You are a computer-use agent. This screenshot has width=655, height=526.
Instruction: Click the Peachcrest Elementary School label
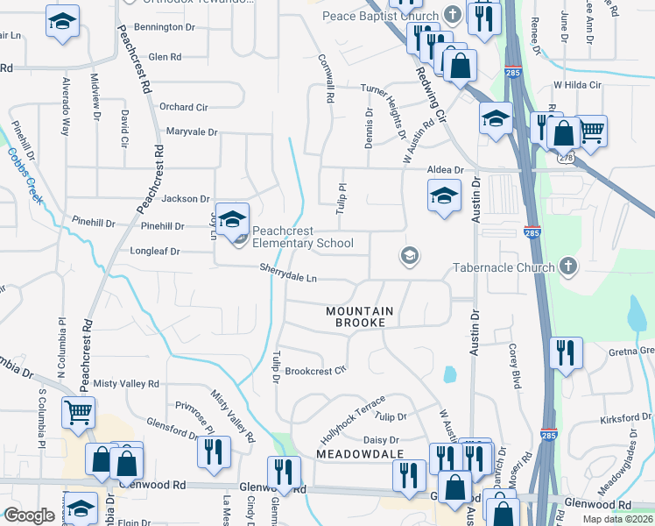coord(303,238)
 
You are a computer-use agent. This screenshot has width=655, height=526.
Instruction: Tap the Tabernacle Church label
coord(504,267)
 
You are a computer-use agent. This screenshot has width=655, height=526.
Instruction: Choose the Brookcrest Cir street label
coord(316,371)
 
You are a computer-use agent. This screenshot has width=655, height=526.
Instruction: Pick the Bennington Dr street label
coord(165,27)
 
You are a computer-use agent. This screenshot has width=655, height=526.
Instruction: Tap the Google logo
coord(29,515)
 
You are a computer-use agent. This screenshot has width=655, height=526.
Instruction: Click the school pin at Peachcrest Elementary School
coord(233,219)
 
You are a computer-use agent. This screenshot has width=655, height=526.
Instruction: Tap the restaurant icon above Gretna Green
coord(566,352)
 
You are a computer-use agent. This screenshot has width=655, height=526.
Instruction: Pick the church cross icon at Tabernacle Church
coord(567,267)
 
